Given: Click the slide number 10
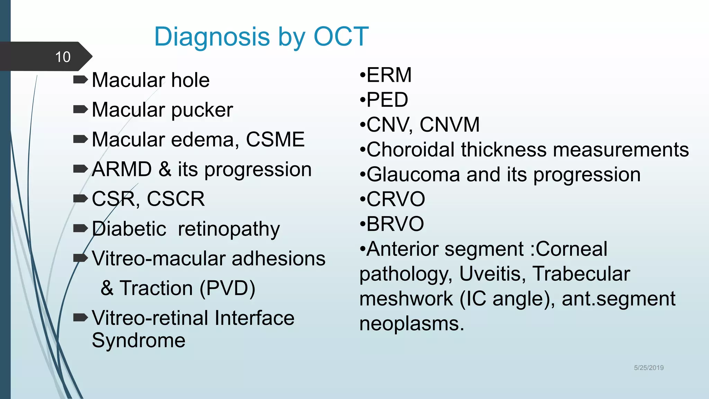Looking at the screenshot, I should tap(63, 57).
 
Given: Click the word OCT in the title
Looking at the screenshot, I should tap(341, 36).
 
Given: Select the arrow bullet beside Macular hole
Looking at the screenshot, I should tap(81, 80).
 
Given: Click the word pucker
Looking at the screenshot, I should tap(202, 110).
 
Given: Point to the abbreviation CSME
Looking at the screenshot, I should tap(275, 140).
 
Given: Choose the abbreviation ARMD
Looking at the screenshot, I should tap(122, 169).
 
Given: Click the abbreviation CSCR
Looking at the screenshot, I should tap(176, 199).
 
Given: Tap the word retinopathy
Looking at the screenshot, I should tap(228, 229).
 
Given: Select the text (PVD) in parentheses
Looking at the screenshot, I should tap(227, 288).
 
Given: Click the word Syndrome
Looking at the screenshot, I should tap(138, 340).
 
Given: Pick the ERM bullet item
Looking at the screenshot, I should tap(388, 75).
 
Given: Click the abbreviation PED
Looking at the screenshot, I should tap(387, 100).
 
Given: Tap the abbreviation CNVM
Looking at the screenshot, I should tap(449, 125).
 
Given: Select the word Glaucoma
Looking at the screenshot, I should tap(413, 175).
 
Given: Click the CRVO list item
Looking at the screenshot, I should tap(395, 199).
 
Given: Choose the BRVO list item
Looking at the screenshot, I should tap(395, 224).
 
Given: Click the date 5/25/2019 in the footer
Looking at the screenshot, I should tap(648, 368).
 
